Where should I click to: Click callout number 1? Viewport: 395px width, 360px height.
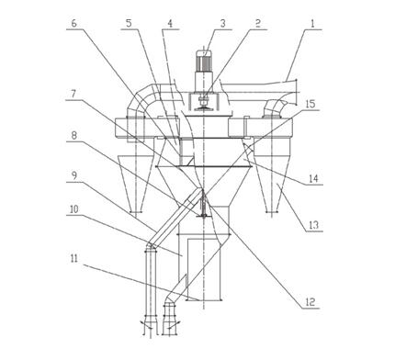(x=312, y=24)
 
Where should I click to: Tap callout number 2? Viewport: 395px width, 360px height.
(x=258, y=24)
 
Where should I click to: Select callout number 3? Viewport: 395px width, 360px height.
(x=222, y=24)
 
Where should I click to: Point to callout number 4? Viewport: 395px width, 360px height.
(x=170, y=24)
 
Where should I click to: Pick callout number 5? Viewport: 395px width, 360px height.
(x=130, y=24)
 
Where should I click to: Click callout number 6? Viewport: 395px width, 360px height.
(x=74, y=24)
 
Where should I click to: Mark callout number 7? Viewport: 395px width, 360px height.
(x=73, y=94)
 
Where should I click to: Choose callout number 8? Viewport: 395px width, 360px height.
(x=73, y=135)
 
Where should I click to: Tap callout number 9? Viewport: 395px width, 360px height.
(x=73, y=175)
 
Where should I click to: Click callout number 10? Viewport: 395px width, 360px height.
(x=74, y=210)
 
